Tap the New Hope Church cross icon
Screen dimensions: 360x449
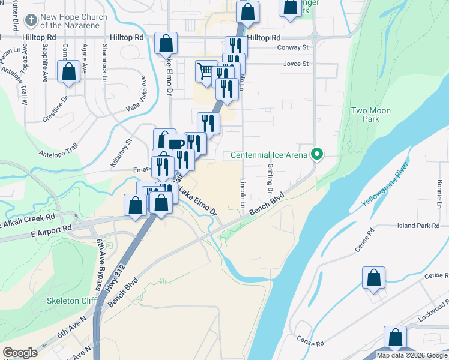pyautogui.click(x=30, y=21)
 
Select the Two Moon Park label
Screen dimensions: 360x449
pyautogui.click(x=370, y=115)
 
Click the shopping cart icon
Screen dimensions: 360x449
pyautogui.click(x=206, y=71)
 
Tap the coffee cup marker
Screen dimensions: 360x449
pyautogui.click(x=175, y=144)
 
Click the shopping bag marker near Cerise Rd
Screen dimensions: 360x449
pyautogui.click(x=373, y=278)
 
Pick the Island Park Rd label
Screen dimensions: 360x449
pyautogui.click(x=418, y=226)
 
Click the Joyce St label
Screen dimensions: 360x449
pyautogui.click(x=296, y=64)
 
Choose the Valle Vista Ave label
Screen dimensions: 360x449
pyautogui.click(x=136, y=96)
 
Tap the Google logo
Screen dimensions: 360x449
pyautogui.click(x=20, y=353)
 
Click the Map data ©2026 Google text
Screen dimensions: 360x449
pyautogui.click(x=411, y=355)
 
